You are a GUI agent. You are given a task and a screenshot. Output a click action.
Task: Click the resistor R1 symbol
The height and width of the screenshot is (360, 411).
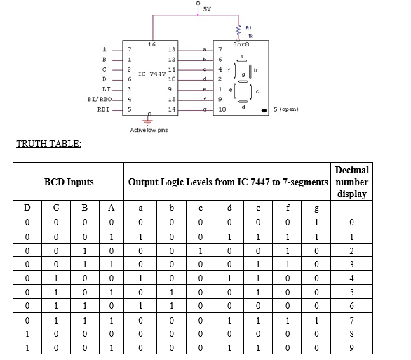click(241, 30)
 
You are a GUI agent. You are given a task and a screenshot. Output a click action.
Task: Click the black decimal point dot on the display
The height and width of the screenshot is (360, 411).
click(263, 110)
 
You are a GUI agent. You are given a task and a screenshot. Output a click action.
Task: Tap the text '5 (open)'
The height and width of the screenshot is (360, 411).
click(287, 110)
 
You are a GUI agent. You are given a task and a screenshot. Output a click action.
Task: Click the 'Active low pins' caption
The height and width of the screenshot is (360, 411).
click(149, 130)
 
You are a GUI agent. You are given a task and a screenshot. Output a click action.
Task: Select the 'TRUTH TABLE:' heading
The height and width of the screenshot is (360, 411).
click(48, 144)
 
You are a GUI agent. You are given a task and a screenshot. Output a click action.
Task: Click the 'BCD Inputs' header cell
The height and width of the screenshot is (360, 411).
click(69, 182)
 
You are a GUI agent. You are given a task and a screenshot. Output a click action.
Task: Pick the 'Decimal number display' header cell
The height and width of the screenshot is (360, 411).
click(351, 182)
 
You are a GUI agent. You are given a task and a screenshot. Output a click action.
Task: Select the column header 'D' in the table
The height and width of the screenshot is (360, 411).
click(27, 208)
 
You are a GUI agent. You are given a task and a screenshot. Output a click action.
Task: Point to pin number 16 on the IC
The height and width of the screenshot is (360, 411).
click(151, 44)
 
